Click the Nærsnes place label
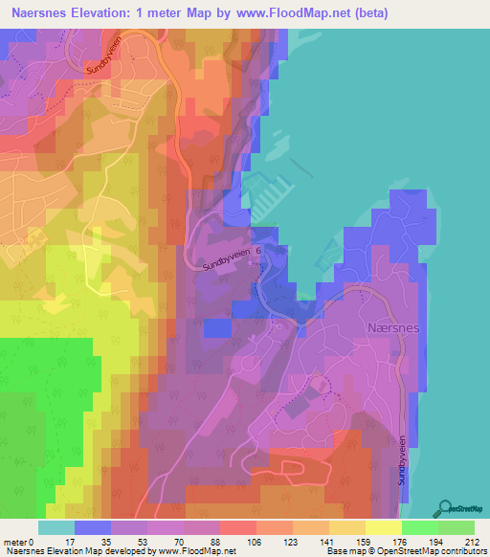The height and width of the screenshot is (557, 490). pos(392,326)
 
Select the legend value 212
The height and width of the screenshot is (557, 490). pos(473,541)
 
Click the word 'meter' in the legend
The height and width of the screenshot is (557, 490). pos(16,541)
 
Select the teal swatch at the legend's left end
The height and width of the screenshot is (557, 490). pos(56,527)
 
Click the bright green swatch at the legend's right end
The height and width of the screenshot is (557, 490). pos(457,527)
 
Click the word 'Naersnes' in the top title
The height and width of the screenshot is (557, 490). pos(38,12)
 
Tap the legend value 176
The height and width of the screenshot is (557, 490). pos(403,541)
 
